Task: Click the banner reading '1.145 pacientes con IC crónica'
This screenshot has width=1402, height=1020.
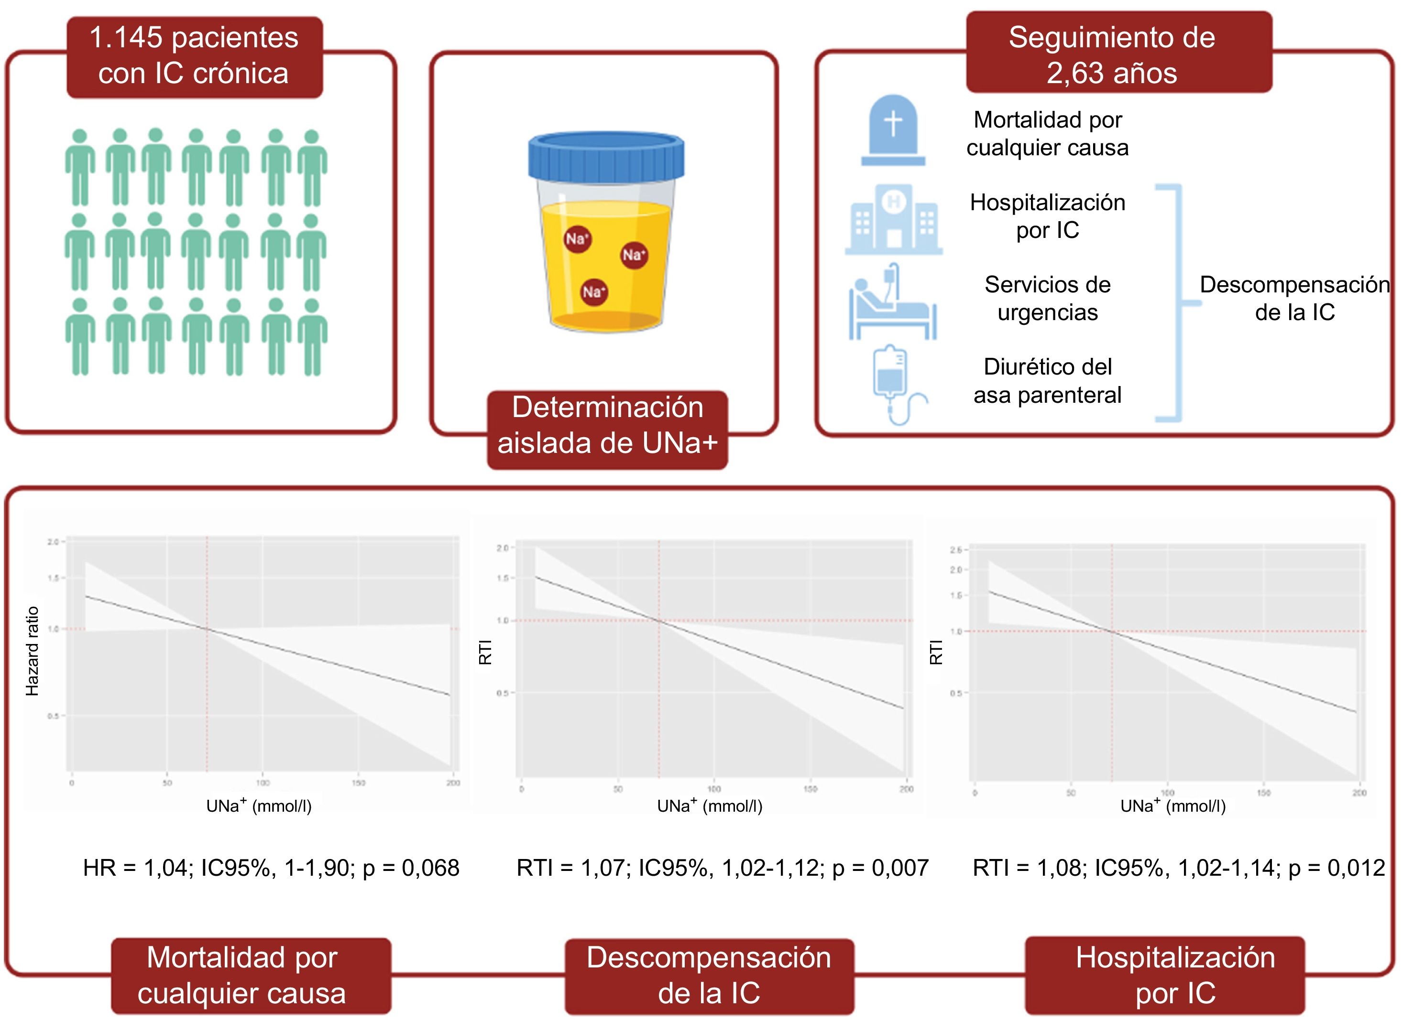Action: coord(194,56)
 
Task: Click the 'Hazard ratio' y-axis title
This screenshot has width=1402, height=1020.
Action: coord(32,651)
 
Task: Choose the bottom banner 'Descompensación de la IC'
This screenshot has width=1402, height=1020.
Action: coord(709,975)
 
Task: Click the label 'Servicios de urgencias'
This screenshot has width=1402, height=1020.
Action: coord(1047,299)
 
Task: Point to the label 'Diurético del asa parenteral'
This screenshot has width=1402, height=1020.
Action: coord(1047,381)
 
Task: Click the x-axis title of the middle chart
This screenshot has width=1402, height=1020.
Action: coord(709,805)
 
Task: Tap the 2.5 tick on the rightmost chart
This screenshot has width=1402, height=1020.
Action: coord(955,550)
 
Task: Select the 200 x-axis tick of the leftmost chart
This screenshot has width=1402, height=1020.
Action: coord(453,783)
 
